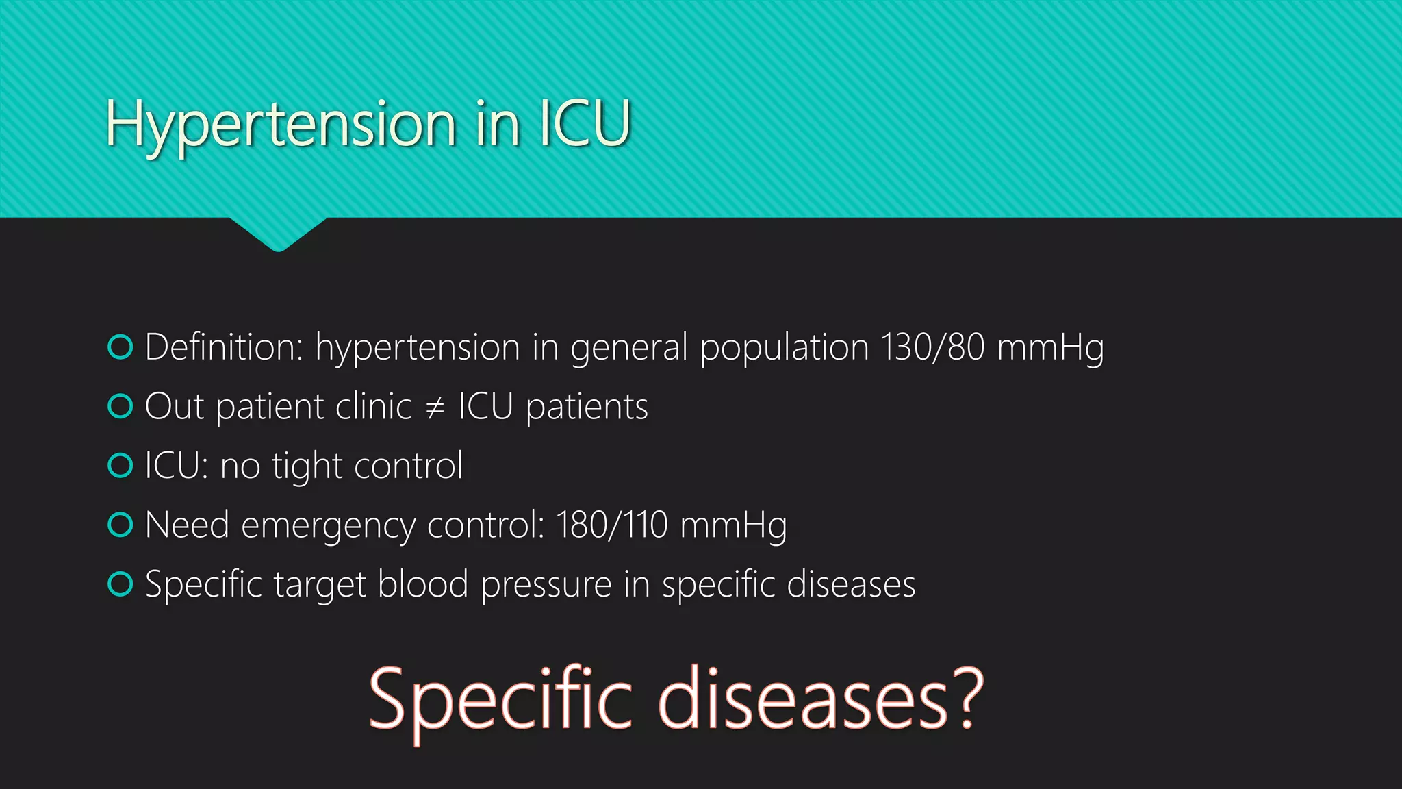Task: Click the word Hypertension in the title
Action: click(x=281, y=125)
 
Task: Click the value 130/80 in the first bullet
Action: click(x=932, y=347)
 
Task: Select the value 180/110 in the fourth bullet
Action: click(x=611, y=525)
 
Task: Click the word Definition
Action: click(x=224, y=347)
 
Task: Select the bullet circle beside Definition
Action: click(x=120, y=347)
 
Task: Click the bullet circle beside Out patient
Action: click(x=120, y=407)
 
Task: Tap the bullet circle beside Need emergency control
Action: click(x=120, y=525)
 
